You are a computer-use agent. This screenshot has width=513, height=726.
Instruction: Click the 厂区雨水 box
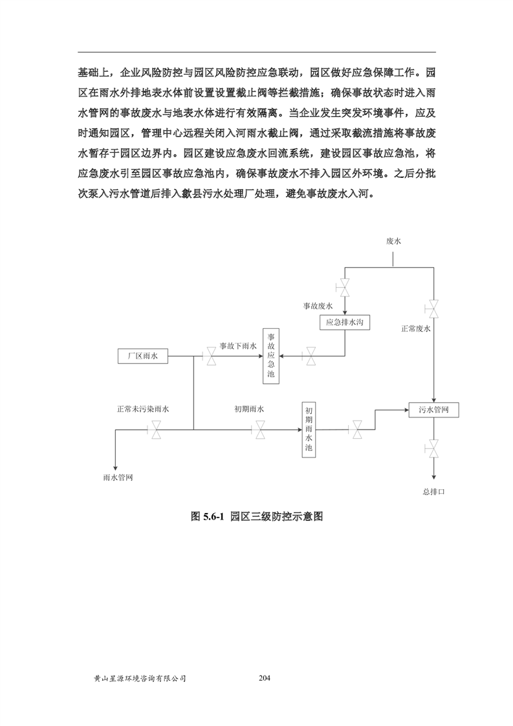point(143,355)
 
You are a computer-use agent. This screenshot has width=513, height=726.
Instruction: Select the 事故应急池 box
point(272,355)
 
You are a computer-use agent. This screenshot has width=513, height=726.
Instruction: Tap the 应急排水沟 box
point(345,322)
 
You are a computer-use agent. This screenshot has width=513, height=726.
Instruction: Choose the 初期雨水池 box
point(309,430)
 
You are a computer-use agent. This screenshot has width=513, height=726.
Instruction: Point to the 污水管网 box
point(433,410)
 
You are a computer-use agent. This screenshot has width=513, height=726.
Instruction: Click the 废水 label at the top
point(394,241)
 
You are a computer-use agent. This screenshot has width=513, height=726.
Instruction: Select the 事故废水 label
point(318,305)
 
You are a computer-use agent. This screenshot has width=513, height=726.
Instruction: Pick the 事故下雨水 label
point(238,346)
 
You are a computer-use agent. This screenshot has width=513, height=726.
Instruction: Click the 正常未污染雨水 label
point(143,409)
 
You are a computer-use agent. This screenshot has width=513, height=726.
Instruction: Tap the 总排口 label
point(434,492)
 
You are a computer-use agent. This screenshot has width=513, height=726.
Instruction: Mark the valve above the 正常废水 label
point(433,309)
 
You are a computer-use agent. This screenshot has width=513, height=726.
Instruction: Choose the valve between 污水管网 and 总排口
point(433,447)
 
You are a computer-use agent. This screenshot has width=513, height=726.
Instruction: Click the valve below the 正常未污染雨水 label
point(156,430)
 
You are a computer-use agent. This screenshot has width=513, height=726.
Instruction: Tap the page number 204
point(263,678)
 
